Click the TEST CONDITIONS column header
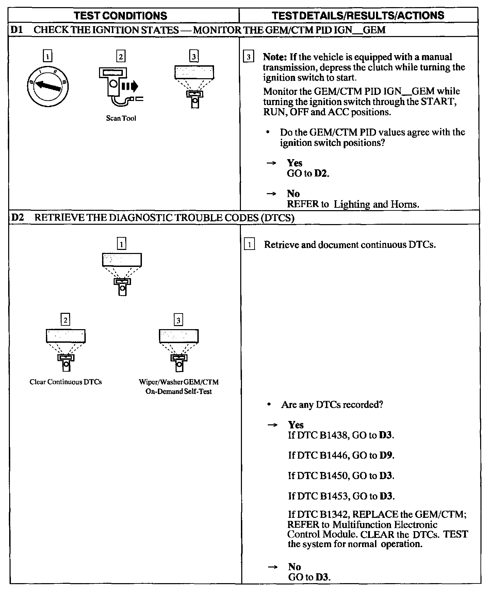point(120,16)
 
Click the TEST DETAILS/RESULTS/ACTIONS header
point(358,15)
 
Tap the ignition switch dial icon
point(48,86)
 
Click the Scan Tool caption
point(121,118)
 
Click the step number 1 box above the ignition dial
point(48,56)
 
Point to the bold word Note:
point(275,57)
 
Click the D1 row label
point(17,30)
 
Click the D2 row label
point(17,217)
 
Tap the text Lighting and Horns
point(376,204)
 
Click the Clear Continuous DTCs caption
point(66,382)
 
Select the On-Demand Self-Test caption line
point(179,391)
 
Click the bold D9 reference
point(386,455)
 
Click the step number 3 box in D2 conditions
point(178,320)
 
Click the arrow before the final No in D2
point(272,567)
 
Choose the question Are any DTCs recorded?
point(332,405)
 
